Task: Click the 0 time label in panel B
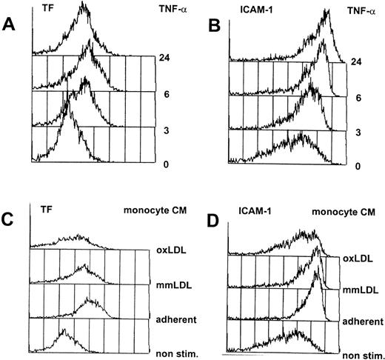point(358,167)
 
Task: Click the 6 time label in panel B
point(358,97)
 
